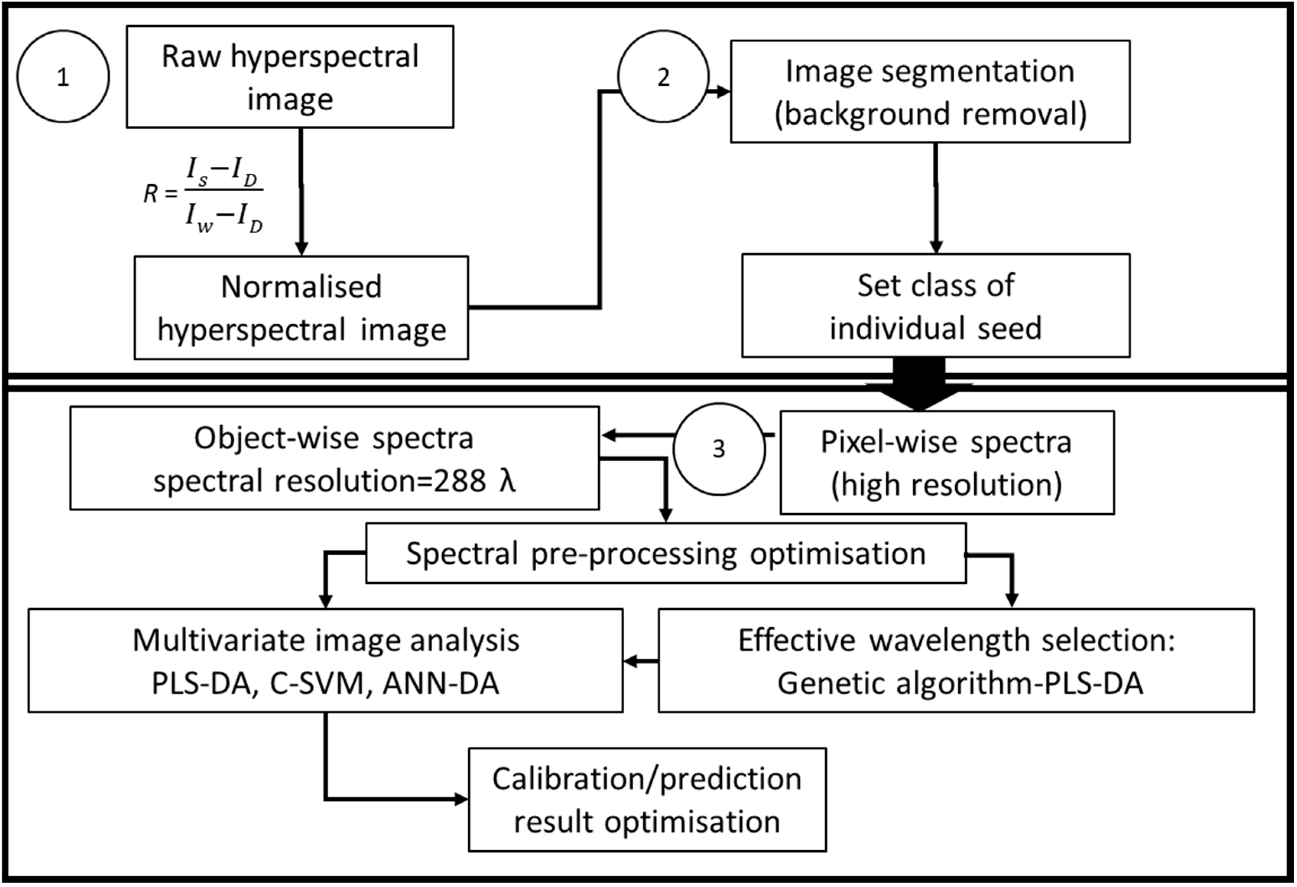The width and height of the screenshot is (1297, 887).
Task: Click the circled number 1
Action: (x=63, y=76)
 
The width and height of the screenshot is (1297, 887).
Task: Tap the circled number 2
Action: (x=663, y=76)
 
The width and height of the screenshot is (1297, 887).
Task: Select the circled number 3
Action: (x=718, y=449)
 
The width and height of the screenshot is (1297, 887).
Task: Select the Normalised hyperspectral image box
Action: (x=301, y=308)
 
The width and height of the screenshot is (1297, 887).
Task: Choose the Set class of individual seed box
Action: (x=935, y=306)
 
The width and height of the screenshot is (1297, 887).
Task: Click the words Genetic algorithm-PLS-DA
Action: (x=960, y=684)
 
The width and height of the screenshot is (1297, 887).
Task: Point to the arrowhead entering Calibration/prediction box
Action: (x=461, y=800)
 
